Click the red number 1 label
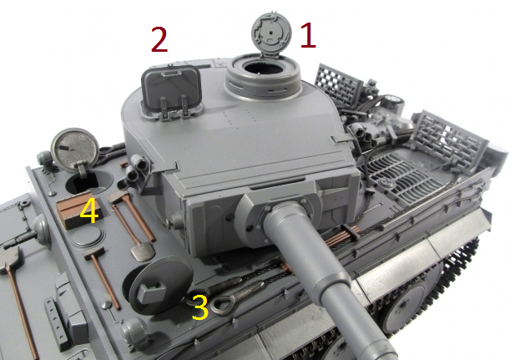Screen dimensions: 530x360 308,35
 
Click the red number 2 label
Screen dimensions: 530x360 159,39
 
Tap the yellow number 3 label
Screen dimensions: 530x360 199,307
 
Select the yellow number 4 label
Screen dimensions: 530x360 89,210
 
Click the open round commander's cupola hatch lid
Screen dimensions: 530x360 271,33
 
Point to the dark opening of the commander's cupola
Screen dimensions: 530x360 264,68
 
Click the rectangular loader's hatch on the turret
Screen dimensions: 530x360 171,89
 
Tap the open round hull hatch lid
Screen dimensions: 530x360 75,150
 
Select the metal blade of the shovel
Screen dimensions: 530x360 143,251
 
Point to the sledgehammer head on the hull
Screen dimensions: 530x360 93,252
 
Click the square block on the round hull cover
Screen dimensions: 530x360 152,292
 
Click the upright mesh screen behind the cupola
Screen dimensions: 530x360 338,84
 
